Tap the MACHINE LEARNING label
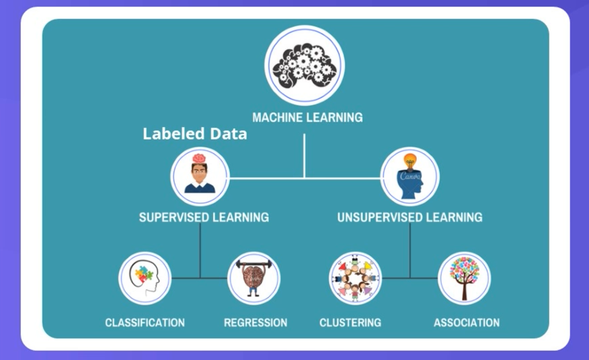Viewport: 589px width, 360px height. click(x=307, y=118)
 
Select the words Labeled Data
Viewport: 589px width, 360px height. click(x=194, y=134)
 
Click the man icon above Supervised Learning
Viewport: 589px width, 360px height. click(x=199, y=176)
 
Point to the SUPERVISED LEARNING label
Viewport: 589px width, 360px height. click(x=204, y=217)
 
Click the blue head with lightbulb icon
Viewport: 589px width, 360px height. click(x=410, y=177)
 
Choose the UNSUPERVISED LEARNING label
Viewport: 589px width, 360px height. click(x=409, y=217)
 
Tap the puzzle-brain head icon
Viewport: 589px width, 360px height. click(x=145, y=277)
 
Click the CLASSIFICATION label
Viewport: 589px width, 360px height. click(x=145, y=322)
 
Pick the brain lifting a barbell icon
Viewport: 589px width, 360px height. click(x=254, y=277)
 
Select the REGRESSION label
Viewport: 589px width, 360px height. click(x=256, y=322)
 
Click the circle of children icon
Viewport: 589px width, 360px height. click(x=356, y=277)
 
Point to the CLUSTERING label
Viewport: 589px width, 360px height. click(x=350, y=322)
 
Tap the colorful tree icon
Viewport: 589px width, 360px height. click(x=464, y=277)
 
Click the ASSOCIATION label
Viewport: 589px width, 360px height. click(x=467, y=322)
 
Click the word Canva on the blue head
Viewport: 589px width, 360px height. click(x=409, y=176)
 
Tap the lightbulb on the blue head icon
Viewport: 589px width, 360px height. click(x=410, y=161)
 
